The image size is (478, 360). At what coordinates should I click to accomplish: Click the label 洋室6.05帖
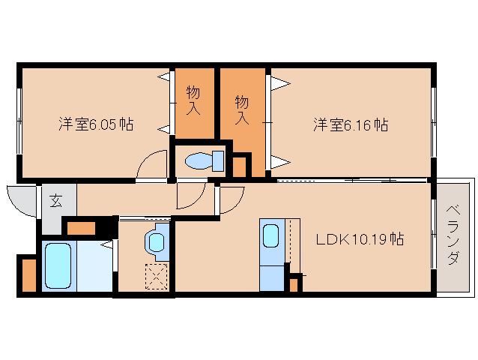pos(96,124)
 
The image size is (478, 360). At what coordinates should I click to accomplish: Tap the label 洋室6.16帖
pos(350,124)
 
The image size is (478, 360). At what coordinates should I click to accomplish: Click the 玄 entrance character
pos(56,200)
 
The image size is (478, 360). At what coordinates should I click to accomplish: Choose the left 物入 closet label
pos(193,99)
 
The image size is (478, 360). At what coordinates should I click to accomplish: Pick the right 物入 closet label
pos(241,109)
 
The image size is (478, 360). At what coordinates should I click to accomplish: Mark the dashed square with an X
pos(157,277)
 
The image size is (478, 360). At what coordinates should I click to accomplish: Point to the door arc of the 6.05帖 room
pos(151,165)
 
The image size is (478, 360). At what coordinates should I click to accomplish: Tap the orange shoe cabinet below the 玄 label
pos(82,227)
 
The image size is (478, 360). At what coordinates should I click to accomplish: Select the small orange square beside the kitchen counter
pos(294,284)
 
